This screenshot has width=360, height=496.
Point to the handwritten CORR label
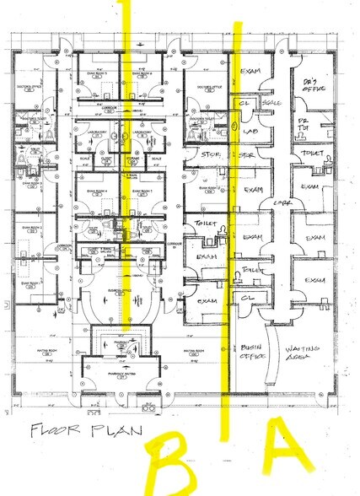pos(276,203)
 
